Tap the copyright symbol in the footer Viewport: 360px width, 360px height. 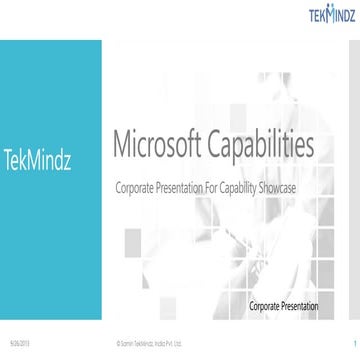119,341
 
